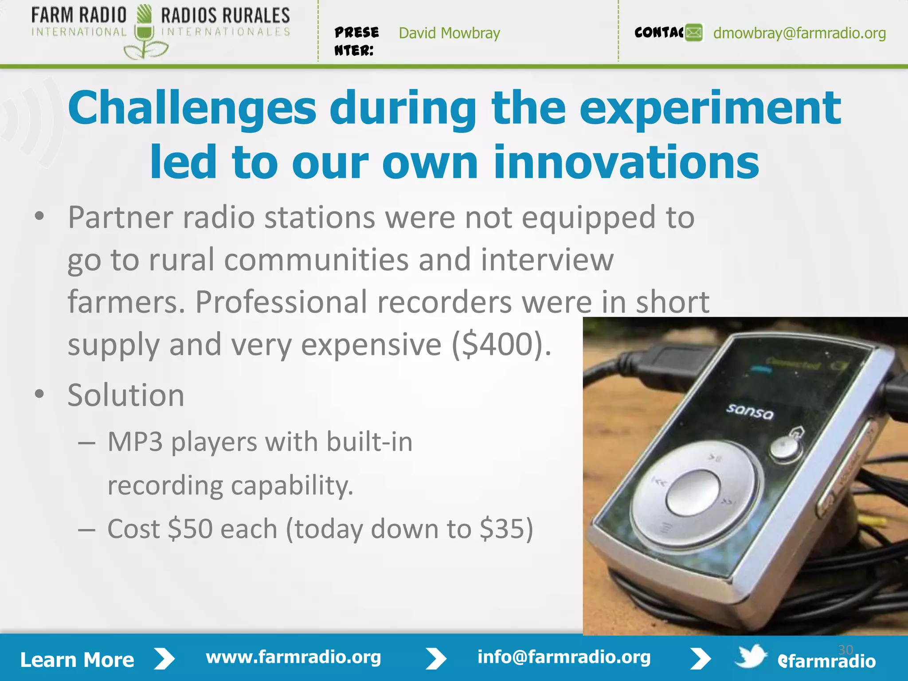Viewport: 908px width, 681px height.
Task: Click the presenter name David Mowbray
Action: pos(449,33)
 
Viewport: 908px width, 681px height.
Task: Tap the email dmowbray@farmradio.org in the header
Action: pos(799,33)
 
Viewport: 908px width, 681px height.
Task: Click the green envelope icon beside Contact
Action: pos(694,33)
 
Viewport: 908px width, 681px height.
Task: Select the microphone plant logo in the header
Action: pos(145,33)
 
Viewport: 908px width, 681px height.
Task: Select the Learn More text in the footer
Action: pos(77,660)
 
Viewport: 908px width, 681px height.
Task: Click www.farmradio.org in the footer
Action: pos(294,657)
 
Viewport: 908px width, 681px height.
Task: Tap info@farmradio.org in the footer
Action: pos(564,657)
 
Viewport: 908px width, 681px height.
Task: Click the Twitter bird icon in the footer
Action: pos(750,657)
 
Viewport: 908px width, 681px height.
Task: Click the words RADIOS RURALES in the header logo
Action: pos(225,16)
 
